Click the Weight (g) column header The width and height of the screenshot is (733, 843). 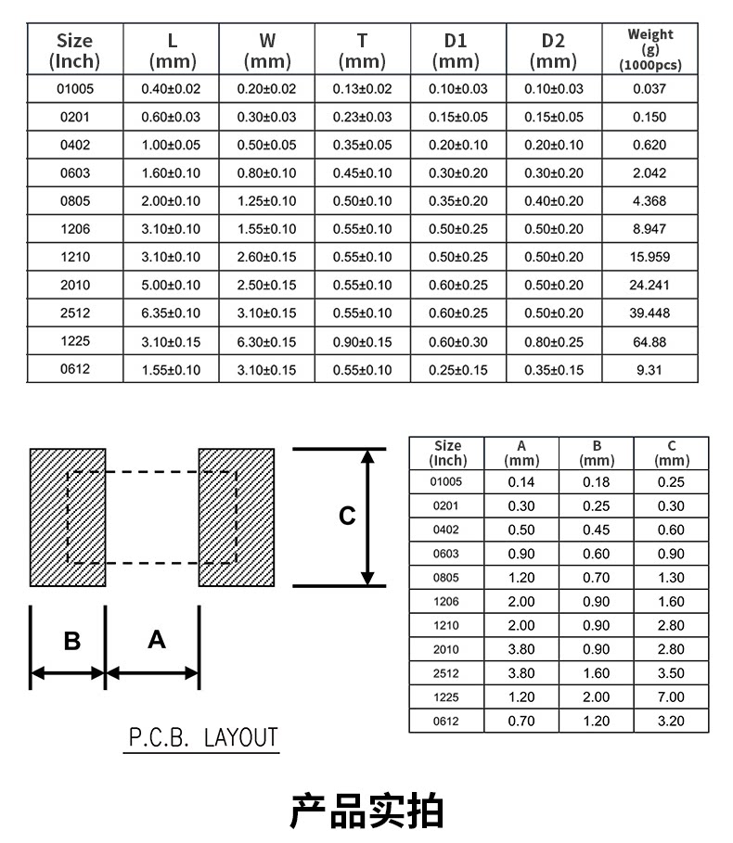click(x=649, y=50)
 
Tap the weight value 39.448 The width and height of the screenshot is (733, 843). click(x=649, y=313)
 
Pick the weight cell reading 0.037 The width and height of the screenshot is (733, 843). click(x=649, y=89)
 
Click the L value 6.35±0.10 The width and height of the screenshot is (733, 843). click(x=171, y=313)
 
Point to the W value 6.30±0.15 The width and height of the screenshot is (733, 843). click(x=266, y=341)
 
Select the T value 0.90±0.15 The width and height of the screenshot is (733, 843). click(x=362, y=341)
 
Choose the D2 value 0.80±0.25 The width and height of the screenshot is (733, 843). click(x=553, y=341)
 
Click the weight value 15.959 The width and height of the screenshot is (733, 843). click(x=649, y=257)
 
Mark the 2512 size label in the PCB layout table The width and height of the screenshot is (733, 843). click(x=446, y=673)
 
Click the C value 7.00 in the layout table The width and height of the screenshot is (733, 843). click(x=671, y=697)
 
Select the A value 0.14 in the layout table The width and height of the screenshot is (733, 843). click(x=521, y=481)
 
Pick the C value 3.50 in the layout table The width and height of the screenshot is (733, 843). click(x=671, y=673)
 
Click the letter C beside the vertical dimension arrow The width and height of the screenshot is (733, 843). click(x=347, y=516)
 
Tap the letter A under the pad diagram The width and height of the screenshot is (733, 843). click(x=156, y=639)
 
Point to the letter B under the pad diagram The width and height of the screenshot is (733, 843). click(x=71, y=641)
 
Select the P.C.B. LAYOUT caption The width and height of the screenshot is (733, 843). click(x=202, y=738)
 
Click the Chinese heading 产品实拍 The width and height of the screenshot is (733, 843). click(x=367, y=811)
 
